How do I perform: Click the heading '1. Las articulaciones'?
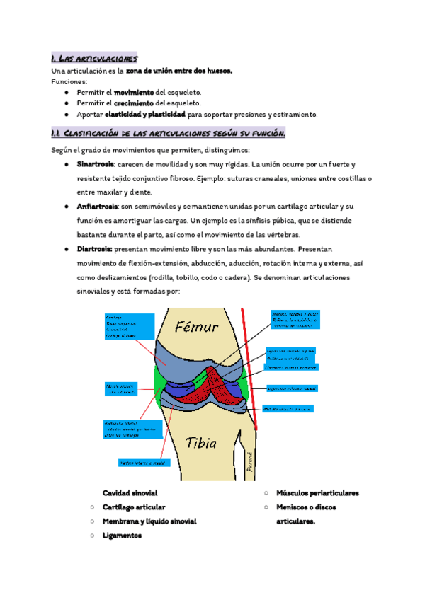94,58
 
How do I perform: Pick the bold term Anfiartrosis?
97,206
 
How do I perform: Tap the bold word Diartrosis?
94,249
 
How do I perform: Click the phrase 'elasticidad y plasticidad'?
145,114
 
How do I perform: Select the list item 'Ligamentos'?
122,536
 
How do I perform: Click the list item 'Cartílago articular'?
134,507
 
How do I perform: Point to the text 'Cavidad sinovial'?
130,492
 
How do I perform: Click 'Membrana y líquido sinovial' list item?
149,521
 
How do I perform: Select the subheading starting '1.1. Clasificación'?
168,134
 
